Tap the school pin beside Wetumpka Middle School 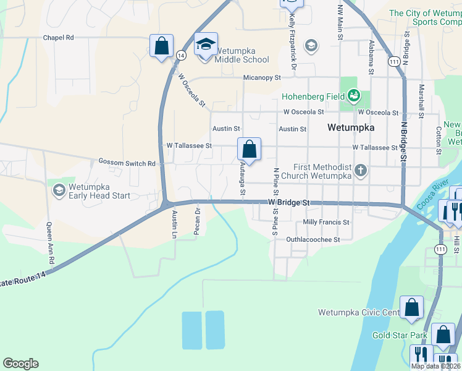(206, 44)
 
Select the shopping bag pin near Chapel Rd (161, 45)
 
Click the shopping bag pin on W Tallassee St (249, 149)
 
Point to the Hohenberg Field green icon (353, 95)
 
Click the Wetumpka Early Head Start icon (59, 190)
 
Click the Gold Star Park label (400, 335)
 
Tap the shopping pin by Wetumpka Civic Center (411, 307)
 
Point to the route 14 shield (181, 55)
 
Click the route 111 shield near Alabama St (393, 61)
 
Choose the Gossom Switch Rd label (127, 162)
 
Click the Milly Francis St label (326, 222)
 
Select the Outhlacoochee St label (313, 239)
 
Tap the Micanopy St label (262, 78)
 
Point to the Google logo (20, 364)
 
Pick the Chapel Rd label (58, 38)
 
